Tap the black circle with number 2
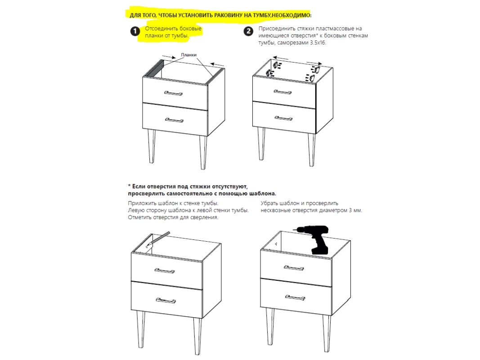[248, 31]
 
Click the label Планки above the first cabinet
[189, 55]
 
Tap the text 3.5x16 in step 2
[317, 43]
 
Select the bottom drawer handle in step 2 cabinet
[283, 118]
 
